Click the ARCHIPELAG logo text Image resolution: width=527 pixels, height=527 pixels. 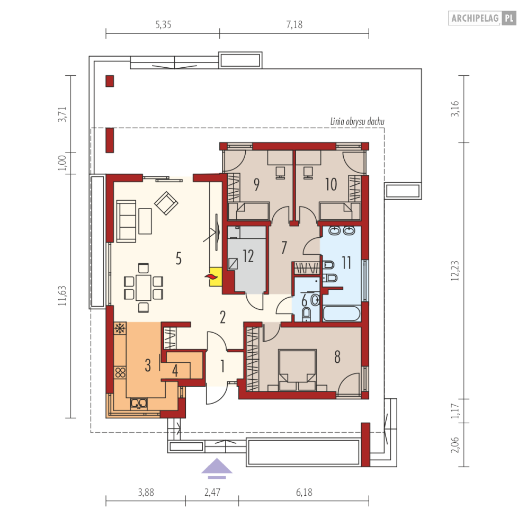[x=475, y=18]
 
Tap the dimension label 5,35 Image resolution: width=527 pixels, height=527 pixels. [x=163, y=24]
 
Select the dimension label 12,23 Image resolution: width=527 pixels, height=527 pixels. [x=455, y=271]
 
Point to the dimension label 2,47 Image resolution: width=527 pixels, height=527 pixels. [x=212, y=493]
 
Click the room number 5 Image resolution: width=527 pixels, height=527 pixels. [x=178, y=258]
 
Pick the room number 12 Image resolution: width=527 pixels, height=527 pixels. [x=248, y=256]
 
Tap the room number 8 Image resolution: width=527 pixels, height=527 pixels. [x=337, y=356]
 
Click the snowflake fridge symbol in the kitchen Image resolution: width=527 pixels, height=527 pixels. [x=120, y=328]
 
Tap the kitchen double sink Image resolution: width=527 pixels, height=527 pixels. [x=138, y=403]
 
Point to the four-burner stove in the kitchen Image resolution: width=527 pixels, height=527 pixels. [x=120, y=373]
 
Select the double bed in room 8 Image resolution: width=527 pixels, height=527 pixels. [x=298, y=370]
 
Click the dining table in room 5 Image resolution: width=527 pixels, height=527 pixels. [x=144, y=288]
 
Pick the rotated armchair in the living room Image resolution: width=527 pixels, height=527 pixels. [x=166, y=203]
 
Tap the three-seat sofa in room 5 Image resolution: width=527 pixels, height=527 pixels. [x=126, y=221]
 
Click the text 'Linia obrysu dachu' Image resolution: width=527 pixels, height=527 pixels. [x=358, y=122]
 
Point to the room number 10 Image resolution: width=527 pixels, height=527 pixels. [x=331, y=184]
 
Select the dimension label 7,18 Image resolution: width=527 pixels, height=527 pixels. [x=294, y=24]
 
